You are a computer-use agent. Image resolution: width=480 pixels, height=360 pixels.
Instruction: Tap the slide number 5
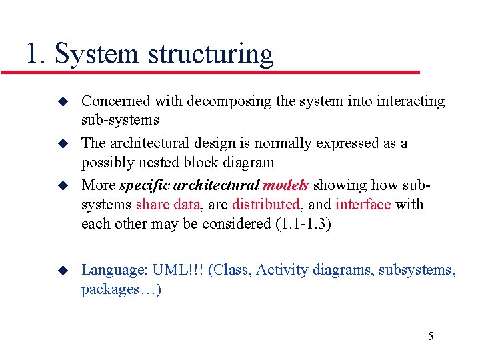pos(430,335)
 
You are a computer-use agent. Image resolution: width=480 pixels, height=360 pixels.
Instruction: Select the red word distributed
pos(265,204)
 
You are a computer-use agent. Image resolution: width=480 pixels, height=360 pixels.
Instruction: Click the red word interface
pos(363,204)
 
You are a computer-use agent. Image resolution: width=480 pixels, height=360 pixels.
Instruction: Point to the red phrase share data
pos(167,204)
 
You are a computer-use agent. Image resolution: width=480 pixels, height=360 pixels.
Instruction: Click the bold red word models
pos(285,185)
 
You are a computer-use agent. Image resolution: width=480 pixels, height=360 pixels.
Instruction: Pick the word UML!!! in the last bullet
pos(178,269)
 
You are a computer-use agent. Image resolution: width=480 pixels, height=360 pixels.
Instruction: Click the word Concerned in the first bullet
pos(116,101)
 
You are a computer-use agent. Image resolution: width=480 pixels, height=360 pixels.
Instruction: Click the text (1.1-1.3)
pos(303,223)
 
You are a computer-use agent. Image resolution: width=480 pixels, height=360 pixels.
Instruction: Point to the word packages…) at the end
pos(121,289)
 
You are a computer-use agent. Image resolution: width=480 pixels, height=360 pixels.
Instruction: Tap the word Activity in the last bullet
pos(279,270)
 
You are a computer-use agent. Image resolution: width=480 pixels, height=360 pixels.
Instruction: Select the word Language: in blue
pos(114,270)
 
